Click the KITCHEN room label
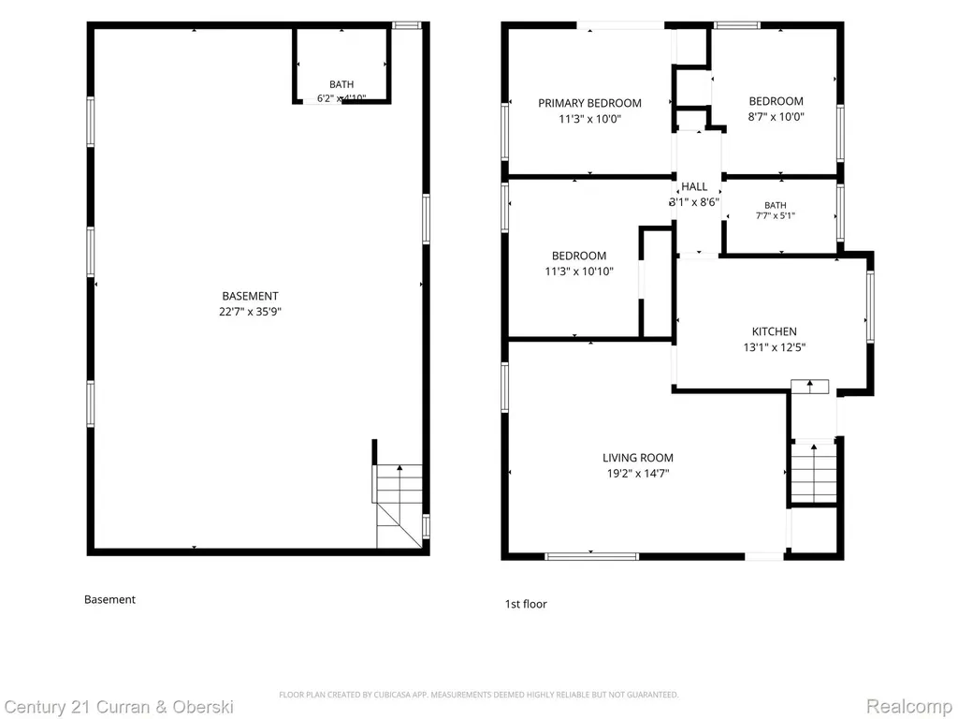(x=774, y=331)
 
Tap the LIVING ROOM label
(x=638, y=457)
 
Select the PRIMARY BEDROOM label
(x=589, y=103)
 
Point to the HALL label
(x=694, y=186)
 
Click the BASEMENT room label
(x=250, y=296)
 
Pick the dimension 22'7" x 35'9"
(x=250, y=312)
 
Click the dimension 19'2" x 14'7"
(x=638, y=473)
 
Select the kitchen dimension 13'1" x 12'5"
(x=774, y=347)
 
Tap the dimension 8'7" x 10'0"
(x=776, y=117)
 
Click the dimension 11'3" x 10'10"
(x=579, y=271)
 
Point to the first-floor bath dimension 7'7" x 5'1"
(x=776, y=216)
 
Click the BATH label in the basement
(x=341, y=84)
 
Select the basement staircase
(x=399, y=506)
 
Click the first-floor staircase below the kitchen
(x=813, y=472)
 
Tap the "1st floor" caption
(x=526, y=604)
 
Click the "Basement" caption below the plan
(x=110, y=600)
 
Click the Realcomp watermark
(x=909, y=706)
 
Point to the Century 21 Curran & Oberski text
(x=119, y=708)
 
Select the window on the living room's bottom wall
(x=591, y=556)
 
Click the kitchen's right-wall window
(x=870, y=306)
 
